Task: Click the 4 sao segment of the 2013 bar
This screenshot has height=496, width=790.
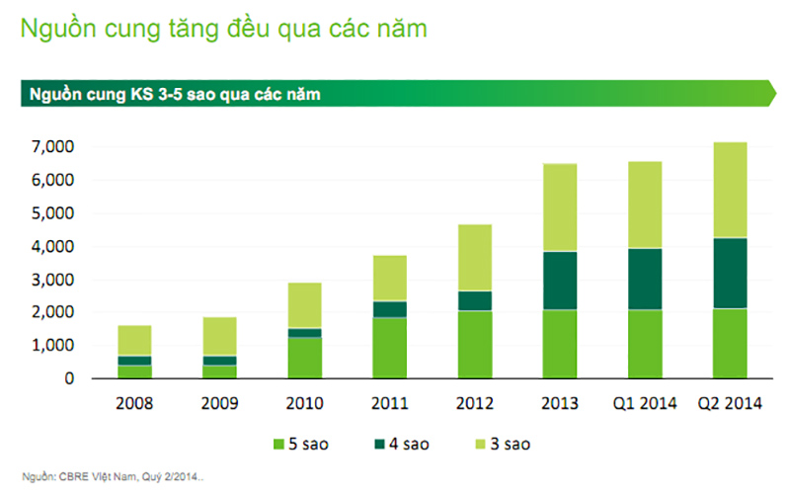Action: (x=560, y=281)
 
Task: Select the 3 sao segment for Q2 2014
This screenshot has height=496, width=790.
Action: (x=730, y=190)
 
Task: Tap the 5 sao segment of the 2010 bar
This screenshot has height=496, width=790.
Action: (x=305, y=358)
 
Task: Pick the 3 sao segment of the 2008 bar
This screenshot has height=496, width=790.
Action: (x=134, y=341)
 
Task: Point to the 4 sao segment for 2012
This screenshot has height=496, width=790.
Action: (x=475, y=301)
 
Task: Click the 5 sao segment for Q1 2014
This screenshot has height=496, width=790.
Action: (x=645, y=344)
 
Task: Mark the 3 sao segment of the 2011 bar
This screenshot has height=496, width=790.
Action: (x=390, y=279)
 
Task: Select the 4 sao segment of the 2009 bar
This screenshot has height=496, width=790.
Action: (x=219, y=361)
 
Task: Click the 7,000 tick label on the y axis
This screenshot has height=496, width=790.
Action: (x=52, y=146)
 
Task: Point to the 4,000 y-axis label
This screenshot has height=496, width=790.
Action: (x=52, y=247)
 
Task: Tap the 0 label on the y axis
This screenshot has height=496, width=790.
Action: (x=69, y=378)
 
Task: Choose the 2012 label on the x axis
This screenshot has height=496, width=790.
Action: (x=475, y=403)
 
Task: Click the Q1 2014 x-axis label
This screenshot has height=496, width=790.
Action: (x=645, y=403)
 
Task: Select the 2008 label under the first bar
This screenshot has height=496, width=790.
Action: (x=134, y=403)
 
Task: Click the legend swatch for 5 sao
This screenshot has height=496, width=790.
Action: (x=278, y=444)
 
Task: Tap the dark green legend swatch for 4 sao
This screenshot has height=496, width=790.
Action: (x=380, y=444)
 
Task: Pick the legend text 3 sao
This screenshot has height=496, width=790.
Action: (x=511, y=444)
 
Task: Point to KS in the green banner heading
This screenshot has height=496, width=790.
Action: (x=141, y=94)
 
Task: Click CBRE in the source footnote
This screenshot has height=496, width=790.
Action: (x=73, y=477)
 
